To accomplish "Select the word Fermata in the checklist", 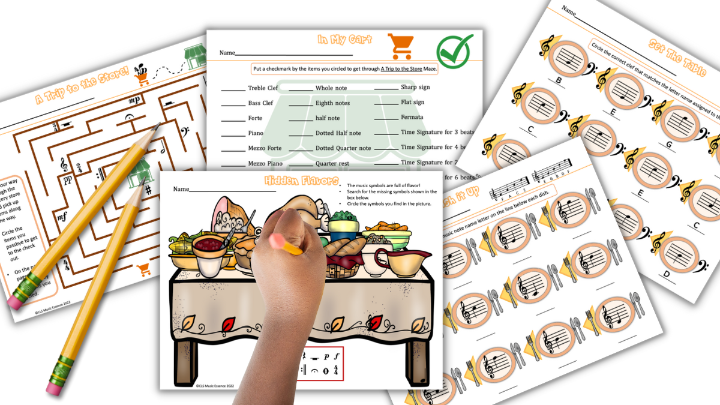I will click(412, 117).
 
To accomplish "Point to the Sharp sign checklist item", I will click(415, 87).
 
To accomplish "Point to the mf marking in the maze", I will click(62, 217).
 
